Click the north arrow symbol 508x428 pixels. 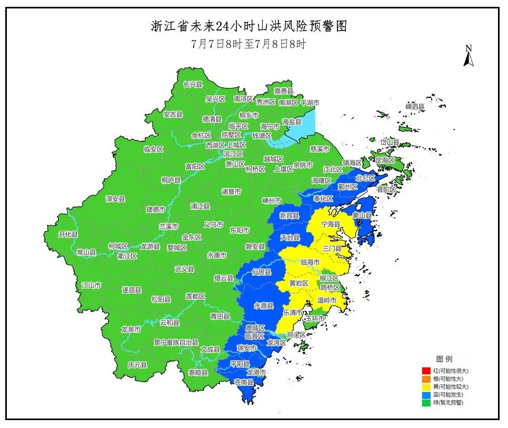(x=468, y=56)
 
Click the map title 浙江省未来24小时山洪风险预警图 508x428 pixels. (x=249, y=26)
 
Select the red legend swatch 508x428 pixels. (x=425, y=371)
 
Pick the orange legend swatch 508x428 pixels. (x=425, y=379)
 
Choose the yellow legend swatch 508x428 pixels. (x=425, y=386)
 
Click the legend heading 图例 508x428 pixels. (x=444, y=359)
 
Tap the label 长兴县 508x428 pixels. (x=193, y=84)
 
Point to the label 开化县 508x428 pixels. (x=68, y=234)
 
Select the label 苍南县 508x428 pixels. (x=243, y=382)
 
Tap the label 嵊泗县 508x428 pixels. (x=415, y=106)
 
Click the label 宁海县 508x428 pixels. (x=331, y=224)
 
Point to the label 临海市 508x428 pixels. (x=310, y=262)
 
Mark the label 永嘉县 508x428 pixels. (x=264, y=306)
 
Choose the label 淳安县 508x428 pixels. (x=115, y=199)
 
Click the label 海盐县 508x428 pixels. (x=292, y=122)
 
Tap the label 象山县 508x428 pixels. (x=362, y=215)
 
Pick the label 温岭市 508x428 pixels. (x=326, y=301)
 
